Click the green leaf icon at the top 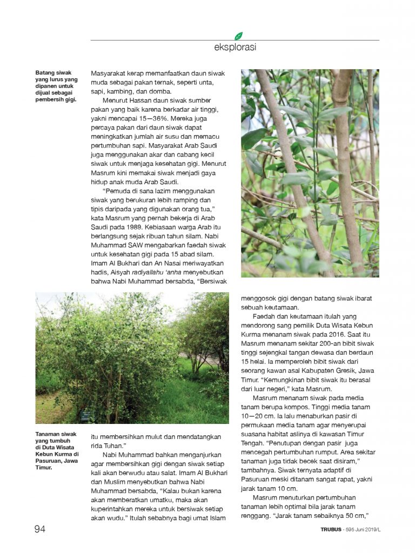[238, 36]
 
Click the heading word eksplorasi [235, 47]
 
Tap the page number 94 [40, 529]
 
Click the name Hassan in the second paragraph [142, 100]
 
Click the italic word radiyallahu [148, 273]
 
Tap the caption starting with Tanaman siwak [56, 450]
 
